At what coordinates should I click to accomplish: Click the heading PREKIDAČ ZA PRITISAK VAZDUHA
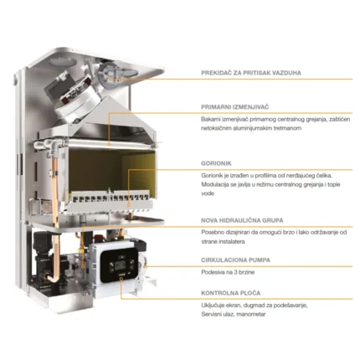click(251, 73)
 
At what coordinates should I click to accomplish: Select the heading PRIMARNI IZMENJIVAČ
click(234, 107)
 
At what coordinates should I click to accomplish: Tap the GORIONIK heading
click(216, 163)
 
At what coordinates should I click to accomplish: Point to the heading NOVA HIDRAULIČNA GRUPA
click(242, 220)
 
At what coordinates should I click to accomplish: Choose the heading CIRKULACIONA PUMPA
click(235, 260)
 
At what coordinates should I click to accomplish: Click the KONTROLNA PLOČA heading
click(230, 293)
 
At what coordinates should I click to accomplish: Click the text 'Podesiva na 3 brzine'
click(228, 272)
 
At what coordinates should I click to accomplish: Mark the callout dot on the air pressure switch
click(111, 79)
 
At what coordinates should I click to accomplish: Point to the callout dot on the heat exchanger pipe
click(109, 144)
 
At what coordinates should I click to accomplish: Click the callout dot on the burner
click(129, 205)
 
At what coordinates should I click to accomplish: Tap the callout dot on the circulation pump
click(145, 267)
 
